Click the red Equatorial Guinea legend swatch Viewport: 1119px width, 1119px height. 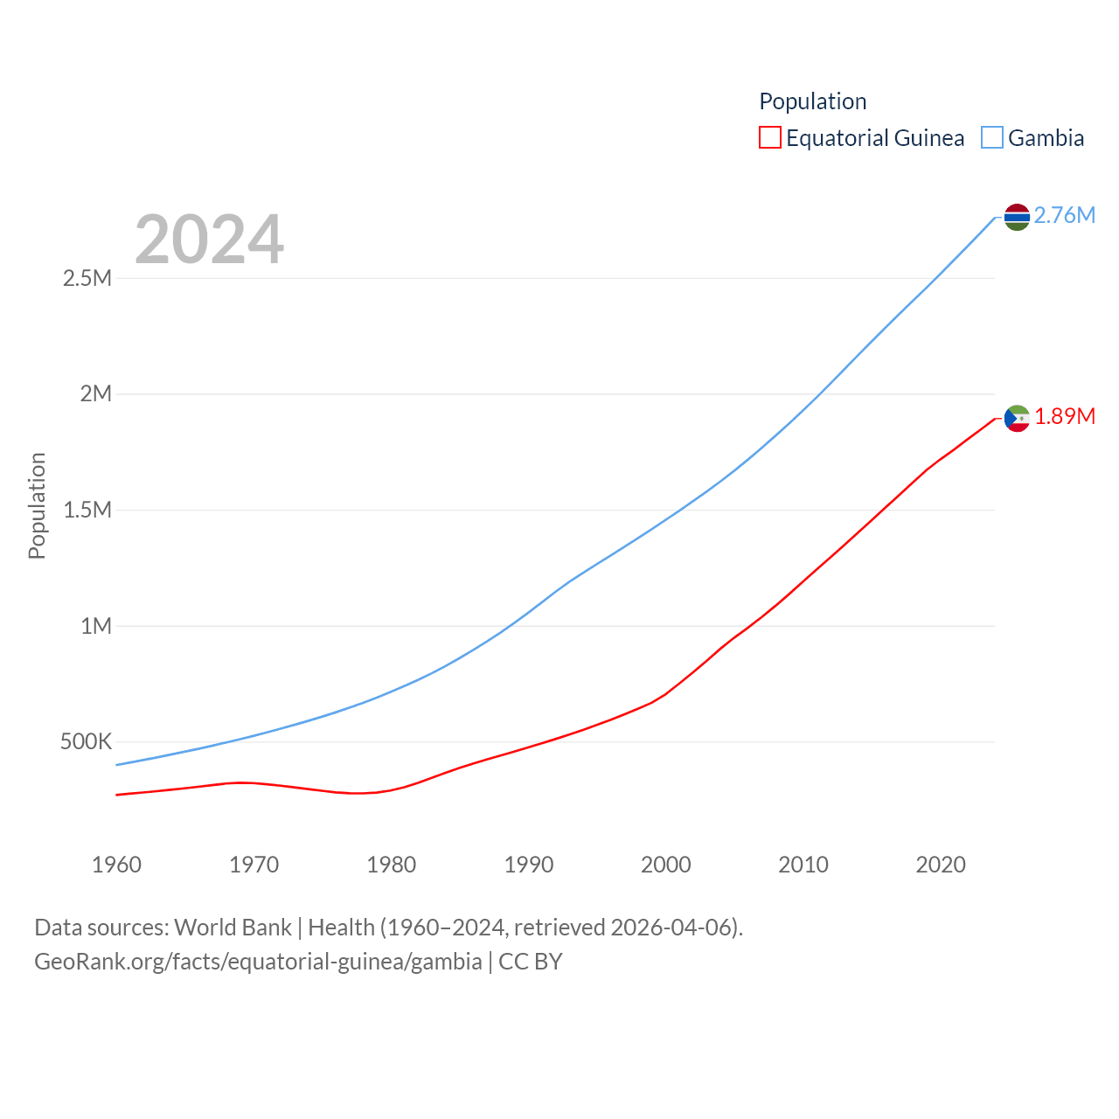769,138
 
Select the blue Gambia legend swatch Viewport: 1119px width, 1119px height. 991,138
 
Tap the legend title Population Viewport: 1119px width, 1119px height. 812,101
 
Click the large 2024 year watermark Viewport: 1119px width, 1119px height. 209,239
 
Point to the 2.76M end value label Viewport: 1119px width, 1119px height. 1064,215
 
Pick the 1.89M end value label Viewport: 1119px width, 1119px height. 1064,416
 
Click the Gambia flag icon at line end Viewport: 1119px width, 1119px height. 1017,217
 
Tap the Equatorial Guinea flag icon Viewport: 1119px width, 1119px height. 1017,419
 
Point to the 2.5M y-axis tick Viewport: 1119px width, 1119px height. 87,278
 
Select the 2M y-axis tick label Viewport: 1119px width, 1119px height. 95,393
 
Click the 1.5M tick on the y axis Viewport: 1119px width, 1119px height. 87,510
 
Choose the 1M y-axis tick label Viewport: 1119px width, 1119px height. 95,626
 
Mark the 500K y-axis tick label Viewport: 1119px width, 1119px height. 86,742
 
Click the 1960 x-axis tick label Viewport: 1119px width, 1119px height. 116,865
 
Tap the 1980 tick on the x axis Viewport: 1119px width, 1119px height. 391,865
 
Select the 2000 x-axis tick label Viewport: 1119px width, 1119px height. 665,865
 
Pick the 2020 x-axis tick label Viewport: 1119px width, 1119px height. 940,865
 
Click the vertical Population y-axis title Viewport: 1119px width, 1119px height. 37,505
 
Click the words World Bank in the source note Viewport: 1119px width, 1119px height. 233,927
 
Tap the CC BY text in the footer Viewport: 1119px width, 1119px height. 530,962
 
